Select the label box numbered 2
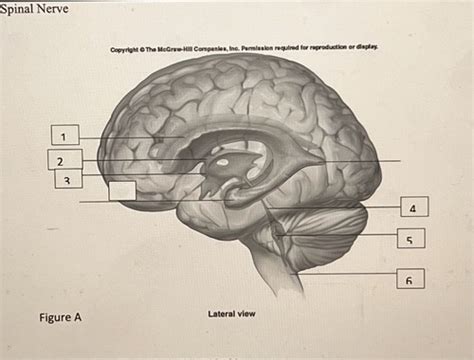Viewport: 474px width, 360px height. [60, 160]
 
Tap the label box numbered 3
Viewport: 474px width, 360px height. [65, 180]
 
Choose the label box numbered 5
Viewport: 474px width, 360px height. [409, 239]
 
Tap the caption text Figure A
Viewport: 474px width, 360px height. [60, 318]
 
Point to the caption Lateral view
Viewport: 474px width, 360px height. [231, 314]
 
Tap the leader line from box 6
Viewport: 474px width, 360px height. [340, 273]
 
